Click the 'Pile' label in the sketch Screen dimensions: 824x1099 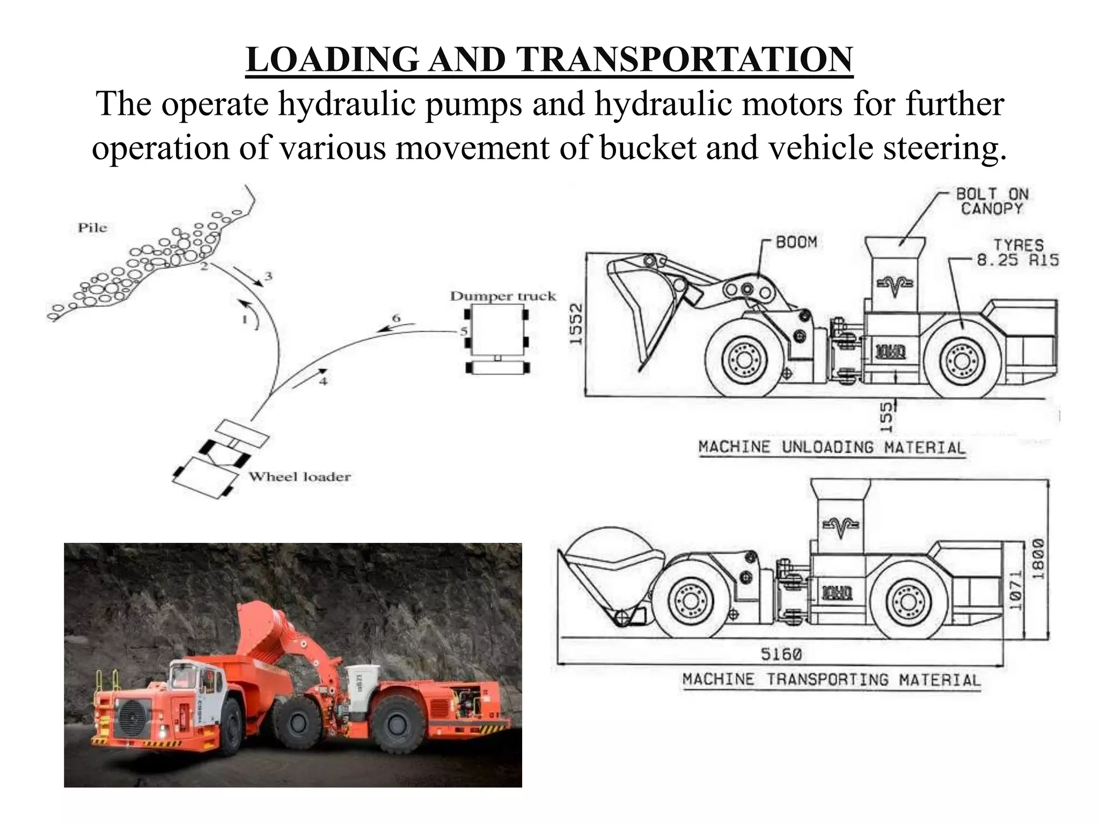(92, 227)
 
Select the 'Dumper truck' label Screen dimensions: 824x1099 (503, 296)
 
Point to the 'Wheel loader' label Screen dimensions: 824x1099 (299, 476)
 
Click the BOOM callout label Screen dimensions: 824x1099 (796, 242)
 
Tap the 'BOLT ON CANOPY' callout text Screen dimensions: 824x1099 (992, 201)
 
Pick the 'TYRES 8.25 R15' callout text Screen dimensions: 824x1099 (1017, 253)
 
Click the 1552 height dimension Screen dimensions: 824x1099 (575, 324)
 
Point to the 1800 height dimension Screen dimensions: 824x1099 (1039, 558)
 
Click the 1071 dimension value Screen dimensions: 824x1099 (1015, 591)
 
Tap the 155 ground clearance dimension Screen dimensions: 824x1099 (886, 416)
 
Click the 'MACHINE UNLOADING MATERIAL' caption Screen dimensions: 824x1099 (831, 447)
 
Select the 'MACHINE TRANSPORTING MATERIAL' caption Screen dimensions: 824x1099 (831, 680)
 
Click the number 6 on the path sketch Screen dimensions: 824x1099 (396, 318)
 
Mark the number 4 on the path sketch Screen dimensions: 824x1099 (323, 381)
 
